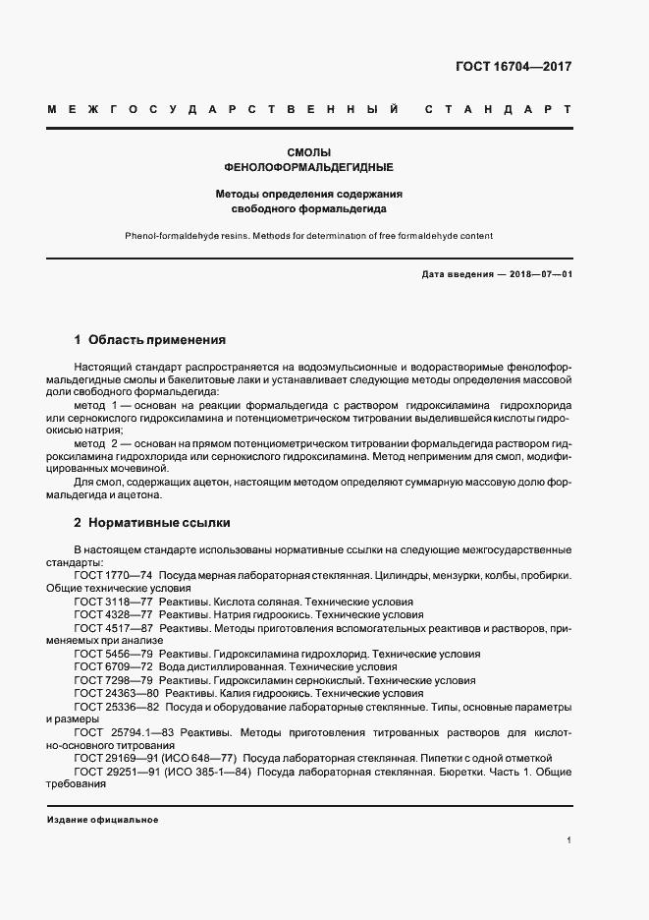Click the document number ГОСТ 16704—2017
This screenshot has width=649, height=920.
pos(514,68)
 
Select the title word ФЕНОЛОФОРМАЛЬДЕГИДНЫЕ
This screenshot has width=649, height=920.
pos(309,167)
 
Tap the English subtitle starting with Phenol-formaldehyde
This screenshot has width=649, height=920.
pos(308,236)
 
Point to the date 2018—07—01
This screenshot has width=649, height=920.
pos(541,274)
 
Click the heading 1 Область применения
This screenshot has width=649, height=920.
pos(150,340)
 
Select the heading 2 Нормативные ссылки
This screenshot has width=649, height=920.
pos(152,523)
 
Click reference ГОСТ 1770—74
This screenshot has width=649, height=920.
pos(113,575)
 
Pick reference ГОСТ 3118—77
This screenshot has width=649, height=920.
pos(113,602)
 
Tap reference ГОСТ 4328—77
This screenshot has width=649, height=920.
pos(113,614)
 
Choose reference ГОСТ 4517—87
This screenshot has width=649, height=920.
pos(113,627)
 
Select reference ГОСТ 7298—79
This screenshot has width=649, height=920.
pos(113,680)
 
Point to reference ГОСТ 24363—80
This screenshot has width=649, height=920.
pos(116,693)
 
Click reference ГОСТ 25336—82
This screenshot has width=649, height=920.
pos(116,707)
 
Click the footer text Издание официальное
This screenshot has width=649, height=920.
pos(102,820)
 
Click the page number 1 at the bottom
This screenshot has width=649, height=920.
pos(568,840)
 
